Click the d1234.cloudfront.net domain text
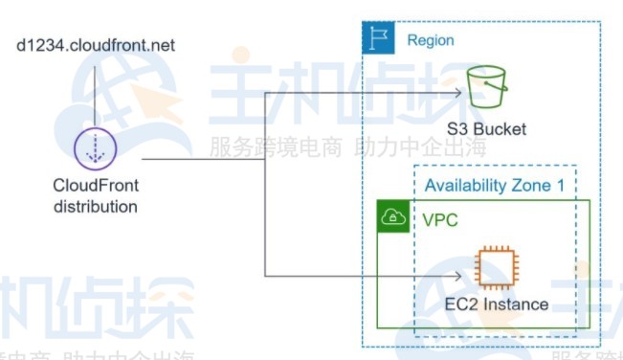(95, 45)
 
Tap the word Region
(430, 40)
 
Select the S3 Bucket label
(486, 129)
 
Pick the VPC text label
(440, 220)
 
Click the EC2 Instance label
(497, 304)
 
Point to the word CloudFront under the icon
(95, 187)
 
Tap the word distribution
(95, 206)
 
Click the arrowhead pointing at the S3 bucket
(459, 92)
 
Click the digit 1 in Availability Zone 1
(559, 186)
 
